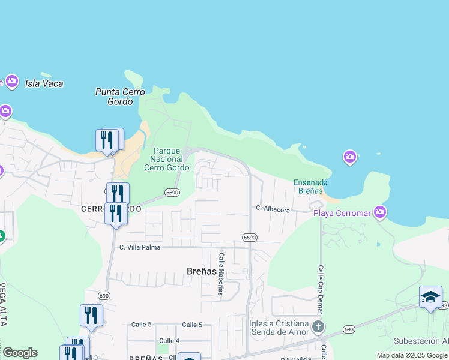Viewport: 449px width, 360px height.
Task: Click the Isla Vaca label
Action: [44, 83]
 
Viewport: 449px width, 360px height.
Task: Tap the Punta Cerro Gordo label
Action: [120, 97]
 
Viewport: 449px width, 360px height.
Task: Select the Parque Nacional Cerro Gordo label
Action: [163, 159]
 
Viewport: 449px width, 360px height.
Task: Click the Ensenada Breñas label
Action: [311, 186]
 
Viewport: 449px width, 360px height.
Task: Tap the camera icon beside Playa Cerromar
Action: [379, 212]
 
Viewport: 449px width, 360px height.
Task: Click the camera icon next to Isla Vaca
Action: [11, 82]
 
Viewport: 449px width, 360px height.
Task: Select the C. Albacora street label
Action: [273, 209]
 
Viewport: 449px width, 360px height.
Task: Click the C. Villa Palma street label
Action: [142, 247]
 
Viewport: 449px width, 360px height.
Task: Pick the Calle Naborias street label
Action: [221, 274]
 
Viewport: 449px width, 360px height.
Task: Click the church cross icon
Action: [318, 328]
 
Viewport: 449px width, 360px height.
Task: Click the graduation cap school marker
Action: [430, 298]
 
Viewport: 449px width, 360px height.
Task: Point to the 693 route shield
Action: [349, 329]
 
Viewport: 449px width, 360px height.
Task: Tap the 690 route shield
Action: [104, 296]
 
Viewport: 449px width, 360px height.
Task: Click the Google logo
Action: [20, 353]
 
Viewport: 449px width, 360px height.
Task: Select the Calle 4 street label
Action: [169, 341]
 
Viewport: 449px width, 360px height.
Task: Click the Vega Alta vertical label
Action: [3, 304]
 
